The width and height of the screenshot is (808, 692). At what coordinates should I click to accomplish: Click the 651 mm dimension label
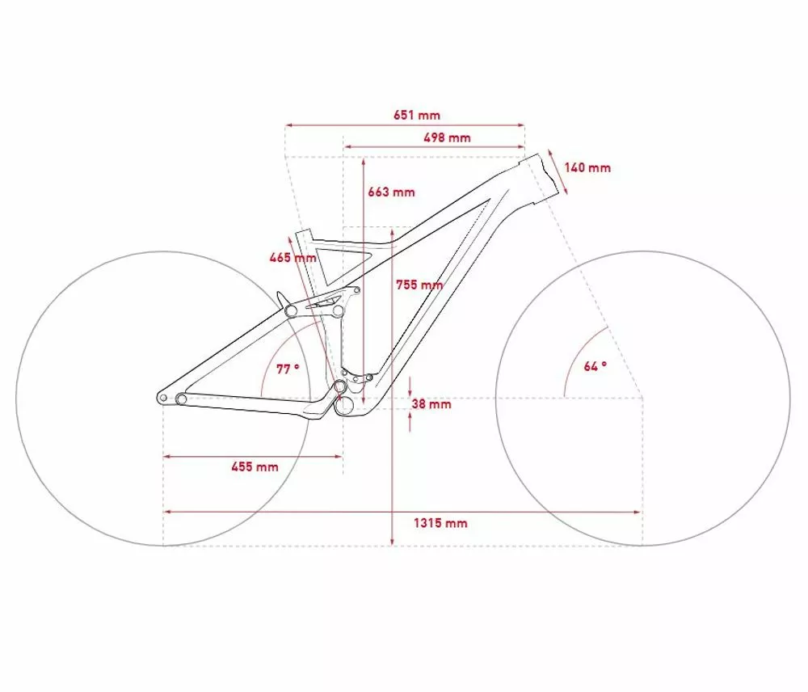pyautogui.click(x=417, y=115)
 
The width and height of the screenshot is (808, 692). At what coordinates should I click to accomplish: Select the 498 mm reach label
pyautogui.click(x=448, y=137)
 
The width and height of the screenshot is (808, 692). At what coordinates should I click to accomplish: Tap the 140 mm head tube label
pyautogui.click(x=587, y=167)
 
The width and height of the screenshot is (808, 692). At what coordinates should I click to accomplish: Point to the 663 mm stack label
pyautogui.click(x=391, y=192)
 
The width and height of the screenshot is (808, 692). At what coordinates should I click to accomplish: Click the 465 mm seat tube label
pyautogui.click(x=292, y=257)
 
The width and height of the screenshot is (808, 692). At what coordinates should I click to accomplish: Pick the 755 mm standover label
pyautogui.click(x=419, y=285)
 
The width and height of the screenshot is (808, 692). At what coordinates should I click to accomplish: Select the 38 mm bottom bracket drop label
pyautogui.click(x=431, y=403)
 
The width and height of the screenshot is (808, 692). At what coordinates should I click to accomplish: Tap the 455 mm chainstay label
pyautogui.click(x=255, y=467)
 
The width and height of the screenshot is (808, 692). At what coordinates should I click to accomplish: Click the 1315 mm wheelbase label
pyautogui.click(x=440, y=523)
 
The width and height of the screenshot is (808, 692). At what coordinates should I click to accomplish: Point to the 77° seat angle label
pyautogui.click(x=288, y=369)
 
